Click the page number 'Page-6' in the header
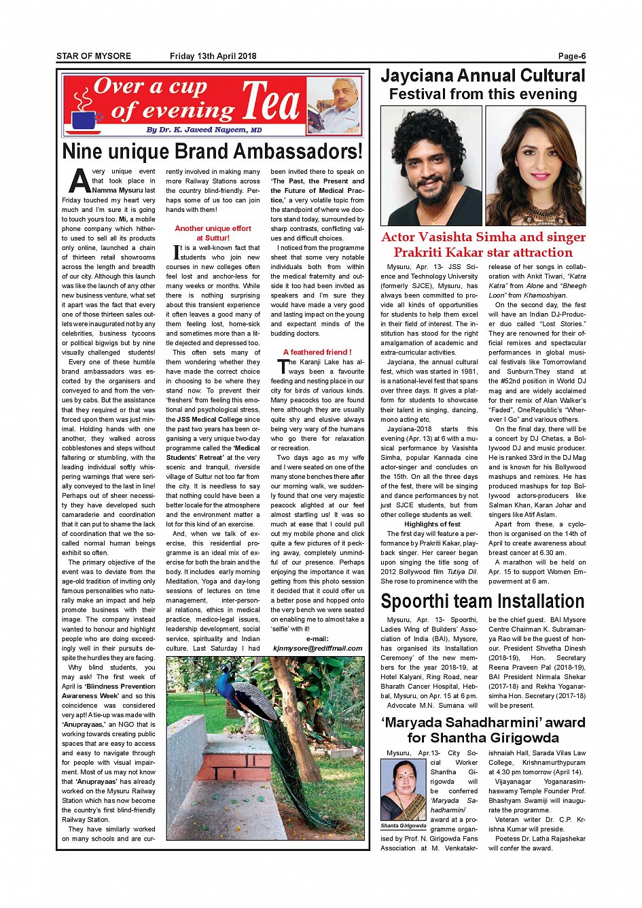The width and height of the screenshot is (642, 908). click(x=571, y=56)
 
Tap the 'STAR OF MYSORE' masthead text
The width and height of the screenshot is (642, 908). click(x=94, y=56)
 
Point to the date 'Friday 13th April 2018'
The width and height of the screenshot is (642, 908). click(x=213, y=56)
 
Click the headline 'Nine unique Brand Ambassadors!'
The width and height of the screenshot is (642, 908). click(x=212, y=151)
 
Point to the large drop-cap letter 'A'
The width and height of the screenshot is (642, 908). click(x=79, y=181)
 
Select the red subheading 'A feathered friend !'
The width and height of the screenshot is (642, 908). click(x=317, y=352)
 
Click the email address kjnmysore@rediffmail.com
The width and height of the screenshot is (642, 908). click(x=317, y=648)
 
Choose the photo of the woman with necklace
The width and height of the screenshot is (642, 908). click(x=535, y=166)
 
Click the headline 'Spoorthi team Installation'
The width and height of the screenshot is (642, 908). click(x=482, y=602)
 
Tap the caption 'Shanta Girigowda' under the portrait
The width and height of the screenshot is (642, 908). click(x=404, y=826)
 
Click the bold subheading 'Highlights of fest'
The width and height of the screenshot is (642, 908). click(x=432, y=524)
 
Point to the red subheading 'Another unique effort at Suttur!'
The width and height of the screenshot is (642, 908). click(x=213, y=233)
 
